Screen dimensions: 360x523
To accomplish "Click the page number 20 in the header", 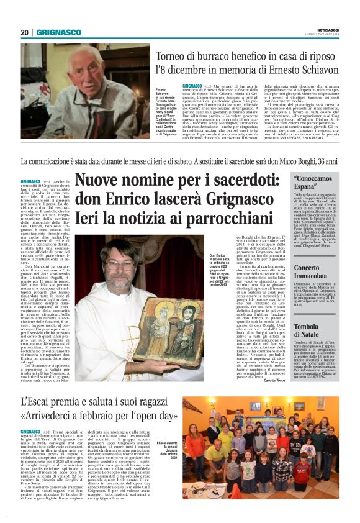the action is coord(24,32).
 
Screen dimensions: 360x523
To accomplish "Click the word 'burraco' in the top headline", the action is coord(204,57).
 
